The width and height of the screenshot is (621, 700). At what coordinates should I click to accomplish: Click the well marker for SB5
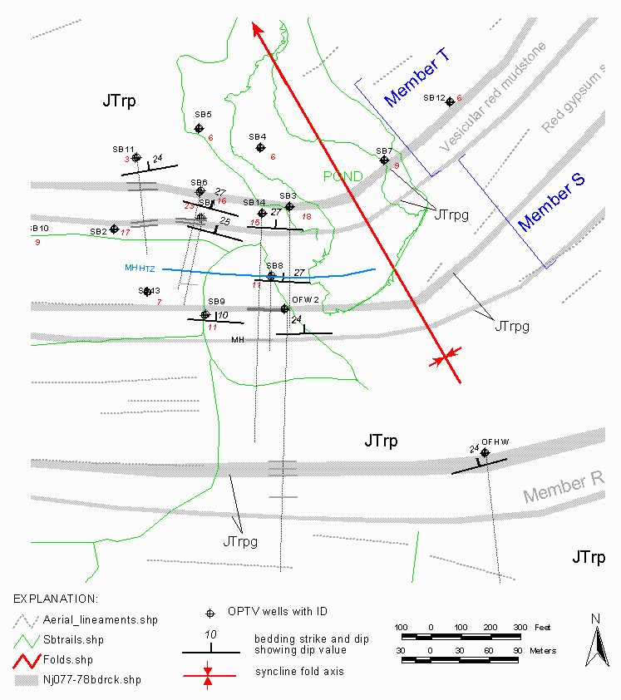[199, 128]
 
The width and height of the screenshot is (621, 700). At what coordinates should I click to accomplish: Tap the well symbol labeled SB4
[260, 147]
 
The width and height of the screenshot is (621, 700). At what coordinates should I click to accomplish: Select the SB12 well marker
[450, 101]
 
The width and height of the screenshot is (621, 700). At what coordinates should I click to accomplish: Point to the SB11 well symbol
[136, 157]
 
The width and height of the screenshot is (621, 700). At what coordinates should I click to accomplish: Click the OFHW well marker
[485, 453]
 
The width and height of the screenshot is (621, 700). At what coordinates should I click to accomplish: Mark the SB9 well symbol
[205, 314]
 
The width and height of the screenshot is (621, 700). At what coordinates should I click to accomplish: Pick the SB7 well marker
[384, 160]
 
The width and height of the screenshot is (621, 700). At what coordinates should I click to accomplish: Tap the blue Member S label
[545, 207]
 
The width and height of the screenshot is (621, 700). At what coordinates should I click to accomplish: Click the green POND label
[343, 176]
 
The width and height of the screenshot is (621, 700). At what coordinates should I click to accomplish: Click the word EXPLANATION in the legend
[57, 598]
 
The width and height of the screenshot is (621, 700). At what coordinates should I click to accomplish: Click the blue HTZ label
[147, 269]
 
